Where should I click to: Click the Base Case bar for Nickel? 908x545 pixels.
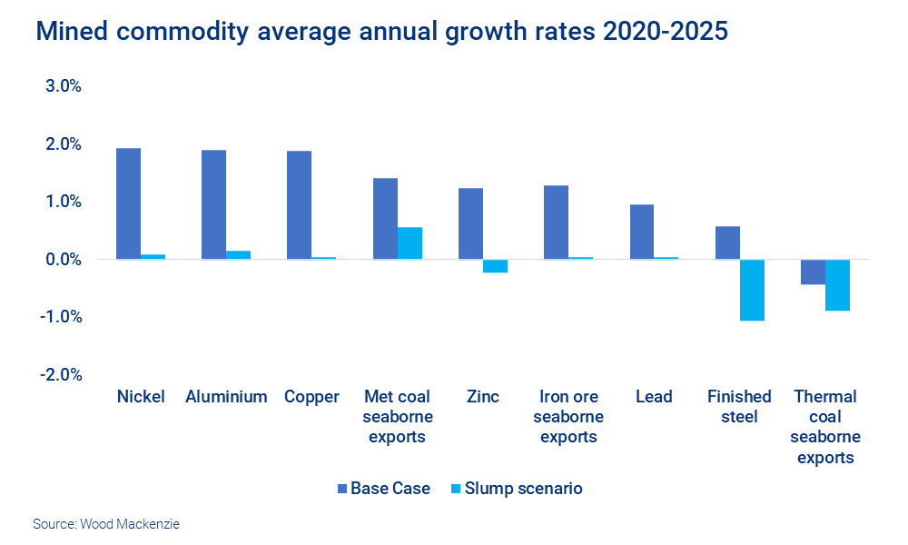[128, 203]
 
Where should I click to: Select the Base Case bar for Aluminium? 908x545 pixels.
[213, 204]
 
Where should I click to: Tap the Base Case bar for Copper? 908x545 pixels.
[299, 205]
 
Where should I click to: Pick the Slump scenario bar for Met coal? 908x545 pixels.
[410, 243]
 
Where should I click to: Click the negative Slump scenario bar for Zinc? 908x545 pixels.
[495, 266]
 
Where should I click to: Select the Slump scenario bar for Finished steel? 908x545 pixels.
[752, 290]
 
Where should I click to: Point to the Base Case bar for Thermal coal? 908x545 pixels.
[813, 272]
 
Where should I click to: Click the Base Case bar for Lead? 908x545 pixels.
[641, 232]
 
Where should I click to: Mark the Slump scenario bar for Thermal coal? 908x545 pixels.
[837, 285]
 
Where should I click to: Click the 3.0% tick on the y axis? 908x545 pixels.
[61, 86]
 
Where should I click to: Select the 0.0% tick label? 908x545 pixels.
[61, 259]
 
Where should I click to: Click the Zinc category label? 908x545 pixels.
[482, 397]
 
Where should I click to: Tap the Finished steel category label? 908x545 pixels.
[739, 406]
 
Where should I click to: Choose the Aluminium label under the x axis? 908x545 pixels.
[226, 397]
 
